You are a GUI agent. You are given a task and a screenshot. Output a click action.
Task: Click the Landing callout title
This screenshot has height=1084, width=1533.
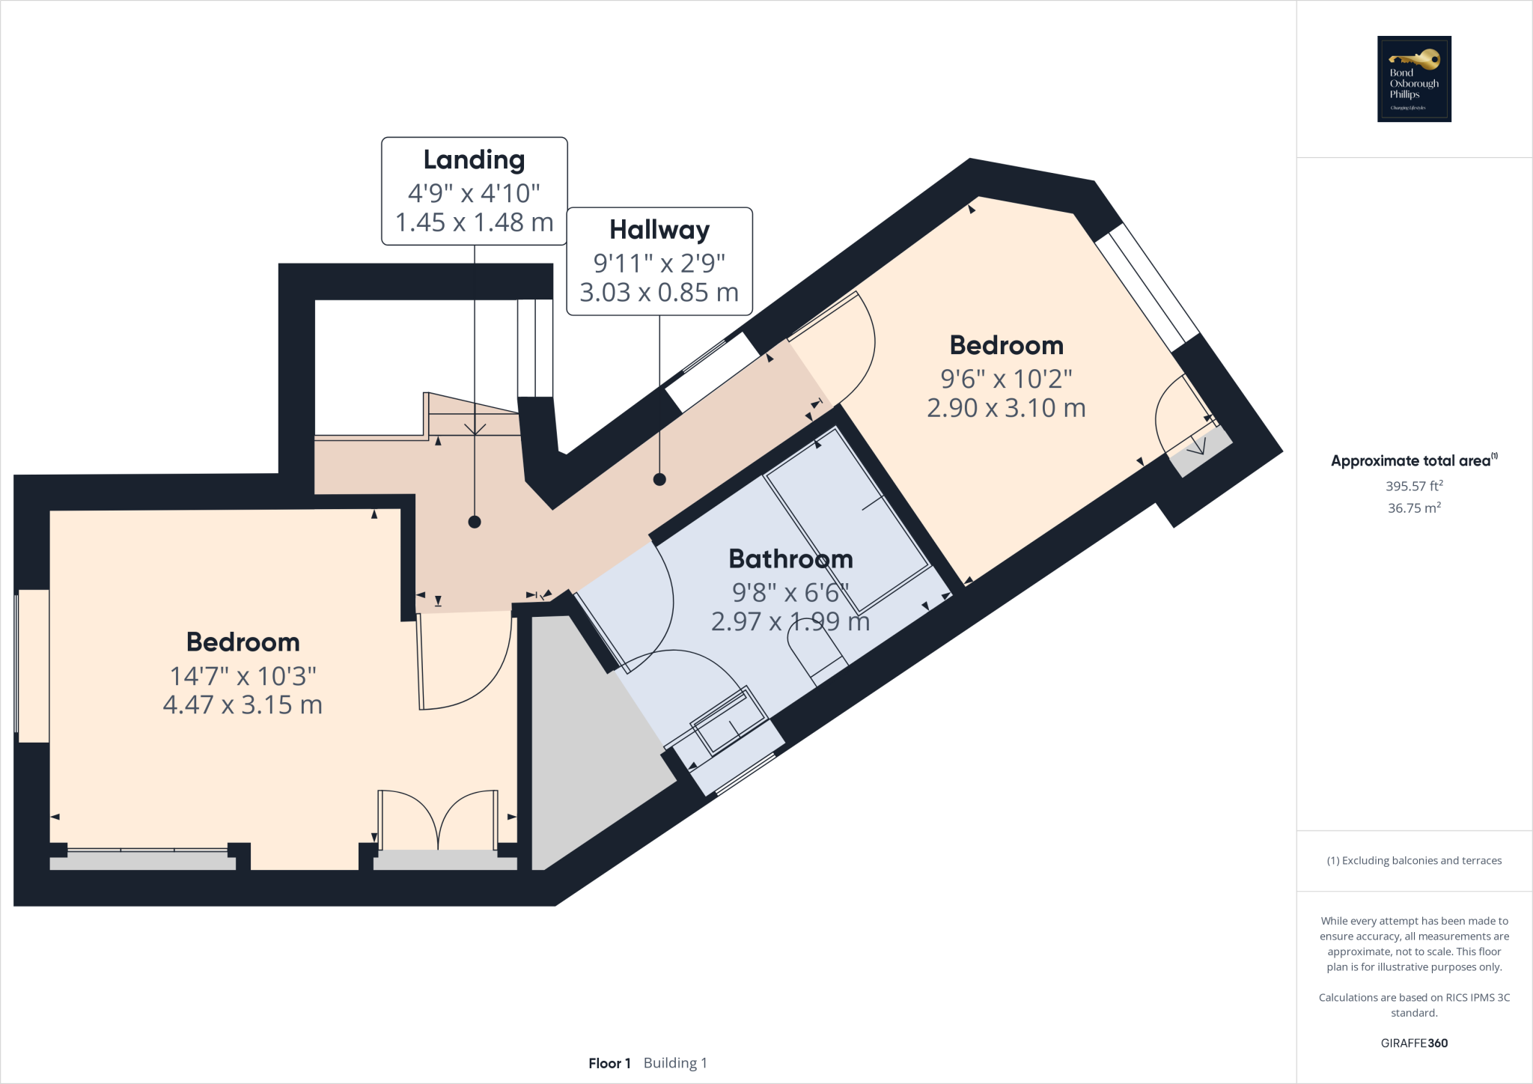point(474,159)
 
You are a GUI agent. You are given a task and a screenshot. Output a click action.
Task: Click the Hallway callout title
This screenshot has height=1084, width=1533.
point(659,229)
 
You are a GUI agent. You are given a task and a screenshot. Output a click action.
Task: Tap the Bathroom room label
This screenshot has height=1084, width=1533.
point(790,558)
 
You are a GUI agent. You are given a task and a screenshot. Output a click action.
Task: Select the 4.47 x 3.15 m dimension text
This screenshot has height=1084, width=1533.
point(243,704)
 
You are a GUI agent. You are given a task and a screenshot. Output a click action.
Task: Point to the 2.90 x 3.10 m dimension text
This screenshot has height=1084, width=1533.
point(1006,408)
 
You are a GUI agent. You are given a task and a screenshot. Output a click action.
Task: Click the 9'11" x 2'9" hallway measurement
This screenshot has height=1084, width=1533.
point(659,263)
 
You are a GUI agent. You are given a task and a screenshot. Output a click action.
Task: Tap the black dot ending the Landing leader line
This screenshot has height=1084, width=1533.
point(475,522)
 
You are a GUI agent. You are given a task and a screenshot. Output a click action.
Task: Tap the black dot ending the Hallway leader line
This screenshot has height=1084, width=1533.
point(659,479)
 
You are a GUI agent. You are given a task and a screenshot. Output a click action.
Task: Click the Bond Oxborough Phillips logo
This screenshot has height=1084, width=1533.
point(1414,79)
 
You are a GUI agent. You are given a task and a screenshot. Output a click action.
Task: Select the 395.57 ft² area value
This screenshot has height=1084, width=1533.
point(1414,486)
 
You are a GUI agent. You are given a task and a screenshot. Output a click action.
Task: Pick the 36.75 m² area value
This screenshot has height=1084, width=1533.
point(1414,508)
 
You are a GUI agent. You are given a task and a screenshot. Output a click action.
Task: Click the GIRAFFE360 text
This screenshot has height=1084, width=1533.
point(1414,1043)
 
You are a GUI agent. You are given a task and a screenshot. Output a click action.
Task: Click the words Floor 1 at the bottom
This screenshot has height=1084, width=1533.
point(609,1063)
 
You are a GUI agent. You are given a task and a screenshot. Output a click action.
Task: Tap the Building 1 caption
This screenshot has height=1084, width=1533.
point(675,1063)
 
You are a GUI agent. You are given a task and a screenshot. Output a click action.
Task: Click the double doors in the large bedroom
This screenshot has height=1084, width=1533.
point(438,820)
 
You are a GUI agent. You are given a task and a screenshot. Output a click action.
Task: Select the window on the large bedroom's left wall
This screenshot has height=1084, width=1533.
point(32,666)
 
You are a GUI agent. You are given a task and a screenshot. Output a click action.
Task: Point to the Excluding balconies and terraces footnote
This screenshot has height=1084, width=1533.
point(1414,860)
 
